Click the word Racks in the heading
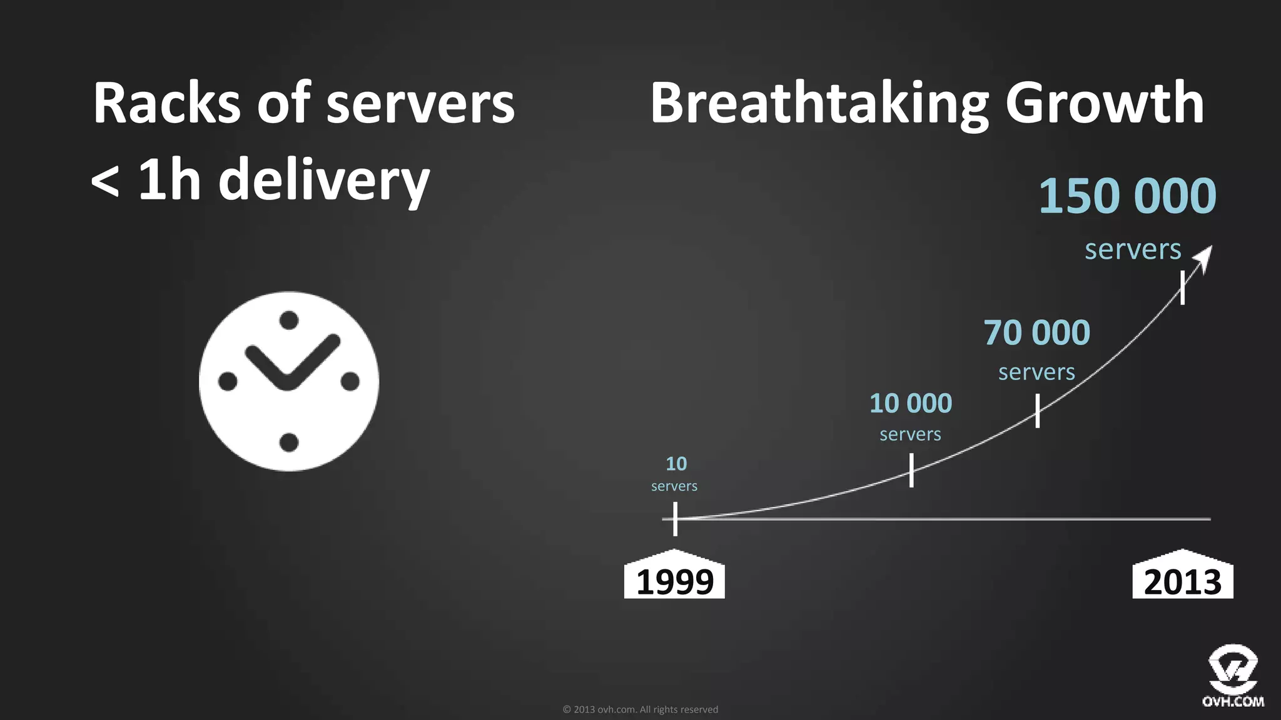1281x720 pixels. (x=166, y=103)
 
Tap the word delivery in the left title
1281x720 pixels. (x=323, y=181)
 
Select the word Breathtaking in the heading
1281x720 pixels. (x=819, y=103)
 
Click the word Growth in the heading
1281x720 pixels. (x=1105, y=103)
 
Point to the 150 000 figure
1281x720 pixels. (x=1127, y=196)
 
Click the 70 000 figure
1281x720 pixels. (x=1036, y=332)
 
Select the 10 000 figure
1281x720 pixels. (x=911, y=404)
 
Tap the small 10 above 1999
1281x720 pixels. (x=676, y=464)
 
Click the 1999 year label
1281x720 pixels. (x=674, y=581)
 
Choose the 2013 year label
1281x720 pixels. (x=1182, y=581)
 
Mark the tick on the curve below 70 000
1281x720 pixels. (x=1038, y=411)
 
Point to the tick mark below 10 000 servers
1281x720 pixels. (x=911, y=470)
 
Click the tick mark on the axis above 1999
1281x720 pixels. (x=675, y=519)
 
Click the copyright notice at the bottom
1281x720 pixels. (x=640, y=709)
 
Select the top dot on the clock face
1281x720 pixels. (x=288, y=321)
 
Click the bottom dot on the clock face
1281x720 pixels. (x=288, y=442)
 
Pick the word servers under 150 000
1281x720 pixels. (x=1133, y=249)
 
